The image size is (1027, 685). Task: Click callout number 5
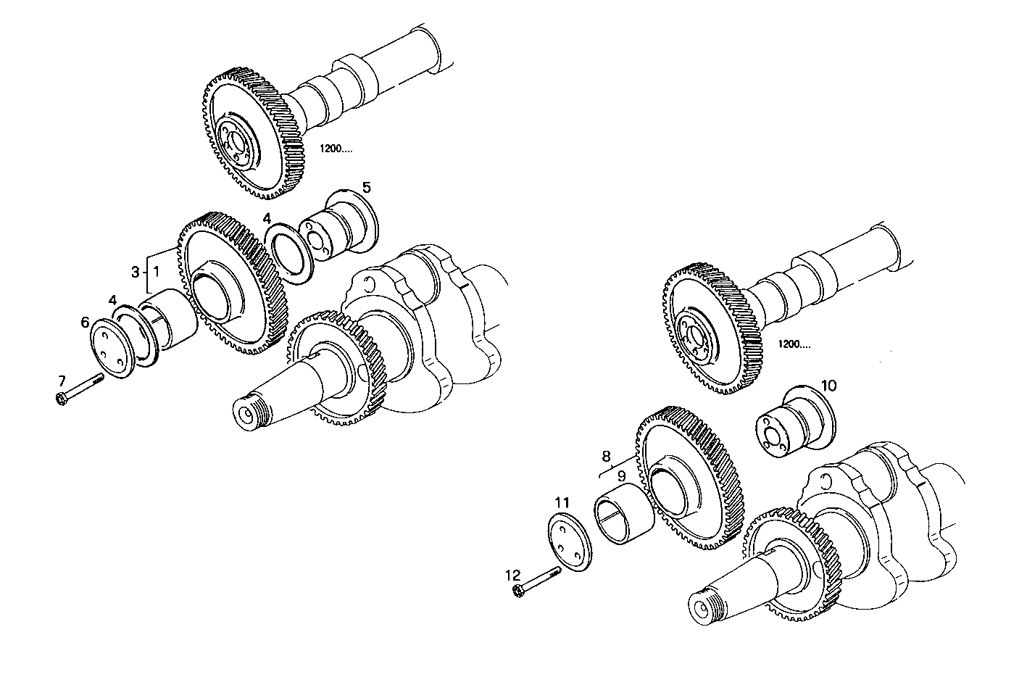[x=367, y=188]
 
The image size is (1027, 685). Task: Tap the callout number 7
[x=62, y=380]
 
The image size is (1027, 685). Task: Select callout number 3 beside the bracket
[x=135, y=272]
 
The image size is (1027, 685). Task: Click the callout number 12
[x=512, y=575]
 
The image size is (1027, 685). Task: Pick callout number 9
[x=621, y=476]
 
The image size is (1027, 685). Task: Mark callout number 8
[x=607, y=456]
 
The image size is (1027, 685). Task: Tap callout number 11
[x=562, y=502]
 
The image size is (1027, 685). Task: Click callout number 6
[x=85, y=323]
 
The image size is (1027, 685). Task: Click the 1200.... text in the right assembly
[x=794, y=344]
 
